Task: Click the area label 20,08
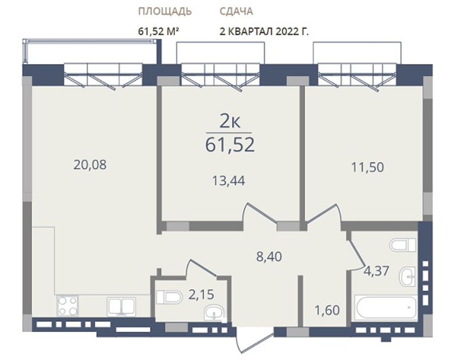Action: point(90,165)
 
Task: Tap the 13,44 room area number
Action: point(228,181)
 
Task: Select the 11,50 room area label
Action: point(367,167)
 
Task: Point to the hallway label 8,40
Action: point(269,257)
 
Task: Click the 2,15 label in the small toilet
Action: point(201,295)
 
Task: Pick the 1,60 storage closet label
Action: point(327,310)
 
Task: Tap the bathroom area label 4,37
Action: point(376,271)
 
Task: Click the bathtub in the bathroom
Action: point(386,307)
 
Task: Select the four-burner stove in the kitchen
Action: point(67,306)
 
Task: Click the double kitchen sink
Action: point(121,307)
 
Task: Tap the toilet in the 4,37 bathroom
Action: point(403,245)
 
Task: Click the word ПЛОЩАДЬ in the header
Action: point(165,11)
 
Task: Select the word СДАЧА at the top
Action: point(236,11)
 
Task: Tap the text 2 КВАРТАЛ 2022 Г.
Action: point(264,31)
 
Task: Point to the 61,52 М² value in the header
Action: point(158,31)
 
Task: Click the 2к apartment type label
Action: point(230,122)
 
